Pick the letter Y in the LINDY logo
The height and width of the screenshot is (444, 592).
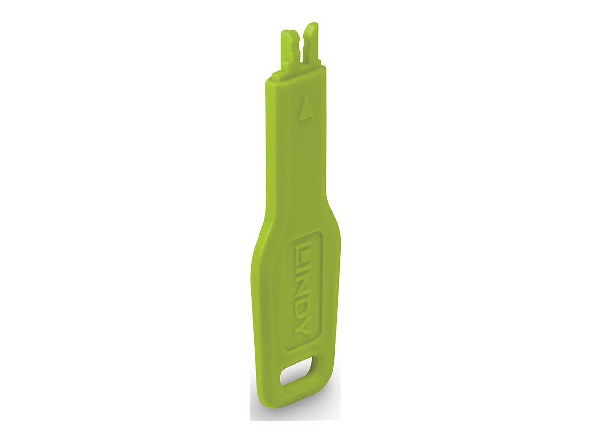pos(301,327)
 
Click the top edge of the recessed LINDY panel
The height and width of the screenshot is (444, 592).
pos(306,234)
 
